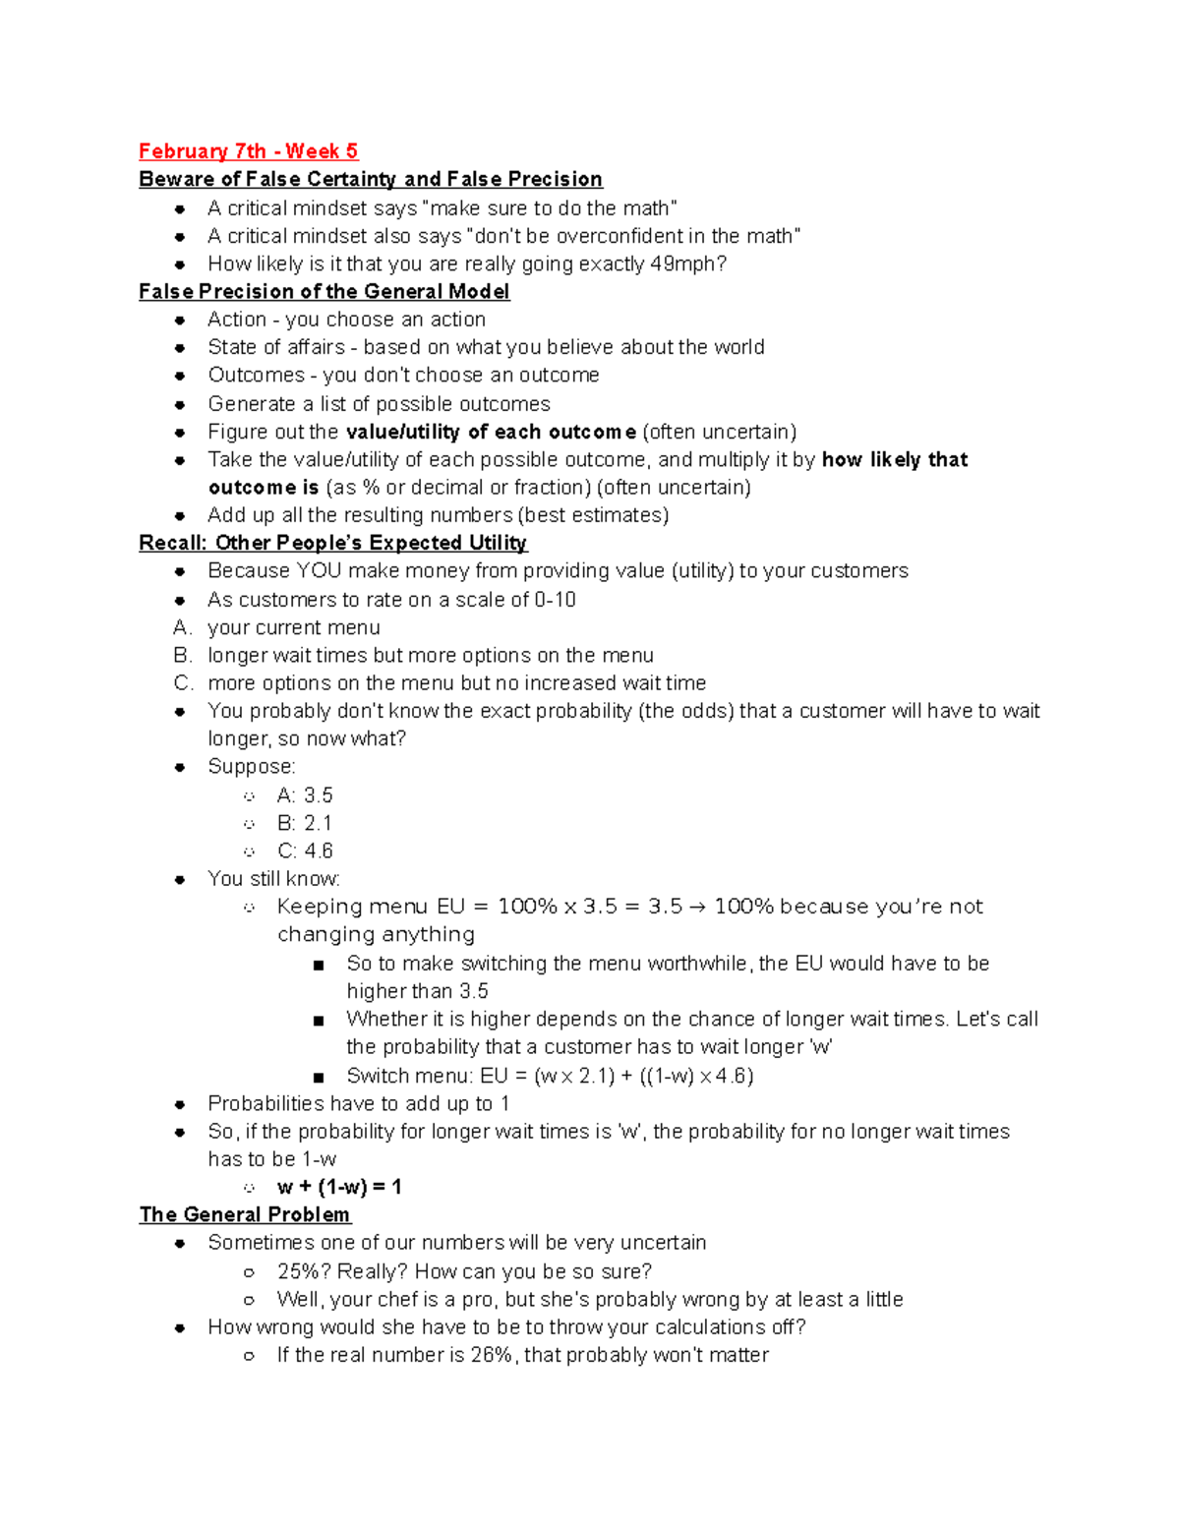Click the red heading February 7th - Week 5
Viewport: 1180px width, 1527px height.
248,151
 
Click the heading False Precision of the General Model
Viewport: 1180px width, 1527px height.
324,292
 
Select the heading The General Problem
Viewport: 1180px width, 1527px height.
245,1215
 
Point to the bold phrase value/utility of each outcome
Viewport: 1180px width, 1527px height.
491,432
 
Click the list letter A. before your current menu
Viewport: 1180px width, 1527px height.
181,627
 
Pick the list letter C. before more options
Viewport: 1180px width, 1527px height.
182,683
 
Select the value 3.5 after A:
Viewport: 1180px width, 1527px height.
318,795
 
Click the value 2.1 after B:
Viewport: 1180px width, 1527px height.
318,823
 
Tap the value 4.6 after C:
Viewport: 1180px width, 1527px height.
319,851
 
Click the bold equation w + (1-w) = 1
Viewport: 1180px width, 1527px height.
339,1187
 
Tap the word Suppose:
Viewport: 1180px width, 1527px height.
251,767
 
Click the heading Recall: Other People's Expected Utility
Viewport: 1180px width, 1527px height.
332,544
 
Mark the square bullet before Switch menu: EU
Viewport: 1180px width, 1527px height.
318,1077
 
